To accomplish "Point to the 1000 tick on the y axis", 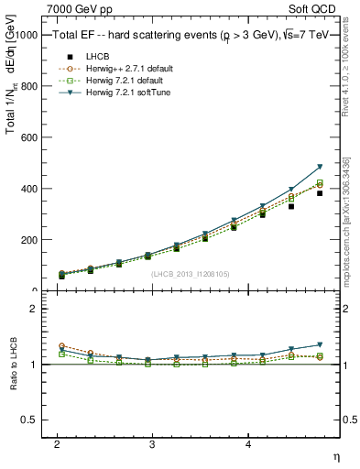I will tap(28, 35).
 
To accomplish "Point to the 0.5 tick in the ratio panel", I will tap(29, 420).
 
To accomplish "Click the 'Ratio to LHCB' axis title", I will tap(11, 365).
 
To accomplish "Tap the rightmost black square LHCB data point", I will tap(320, 193).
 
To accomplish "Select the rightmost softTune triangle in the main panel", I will tap(320, 167).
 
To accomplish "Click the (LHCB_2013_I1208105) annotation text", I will tap(190, 274).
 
